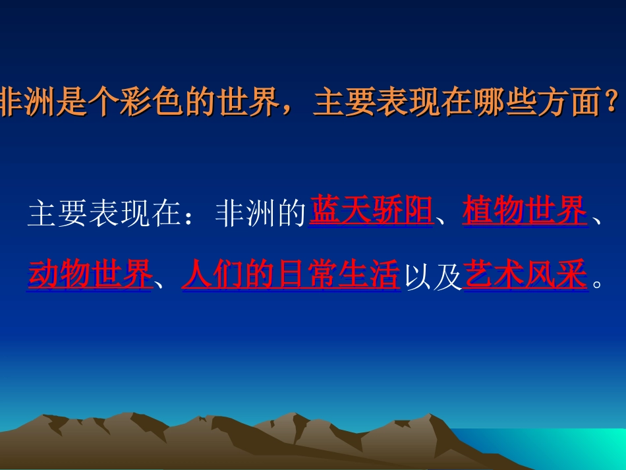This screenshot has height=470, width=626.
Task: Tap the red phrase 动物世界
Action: click(x=90, y=275)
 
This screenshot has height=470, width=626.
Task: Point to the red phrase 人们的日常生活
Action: click(x=291, y=275)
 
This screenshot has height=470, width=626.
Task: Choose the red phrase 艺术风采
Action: click(x=525, y=275)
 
